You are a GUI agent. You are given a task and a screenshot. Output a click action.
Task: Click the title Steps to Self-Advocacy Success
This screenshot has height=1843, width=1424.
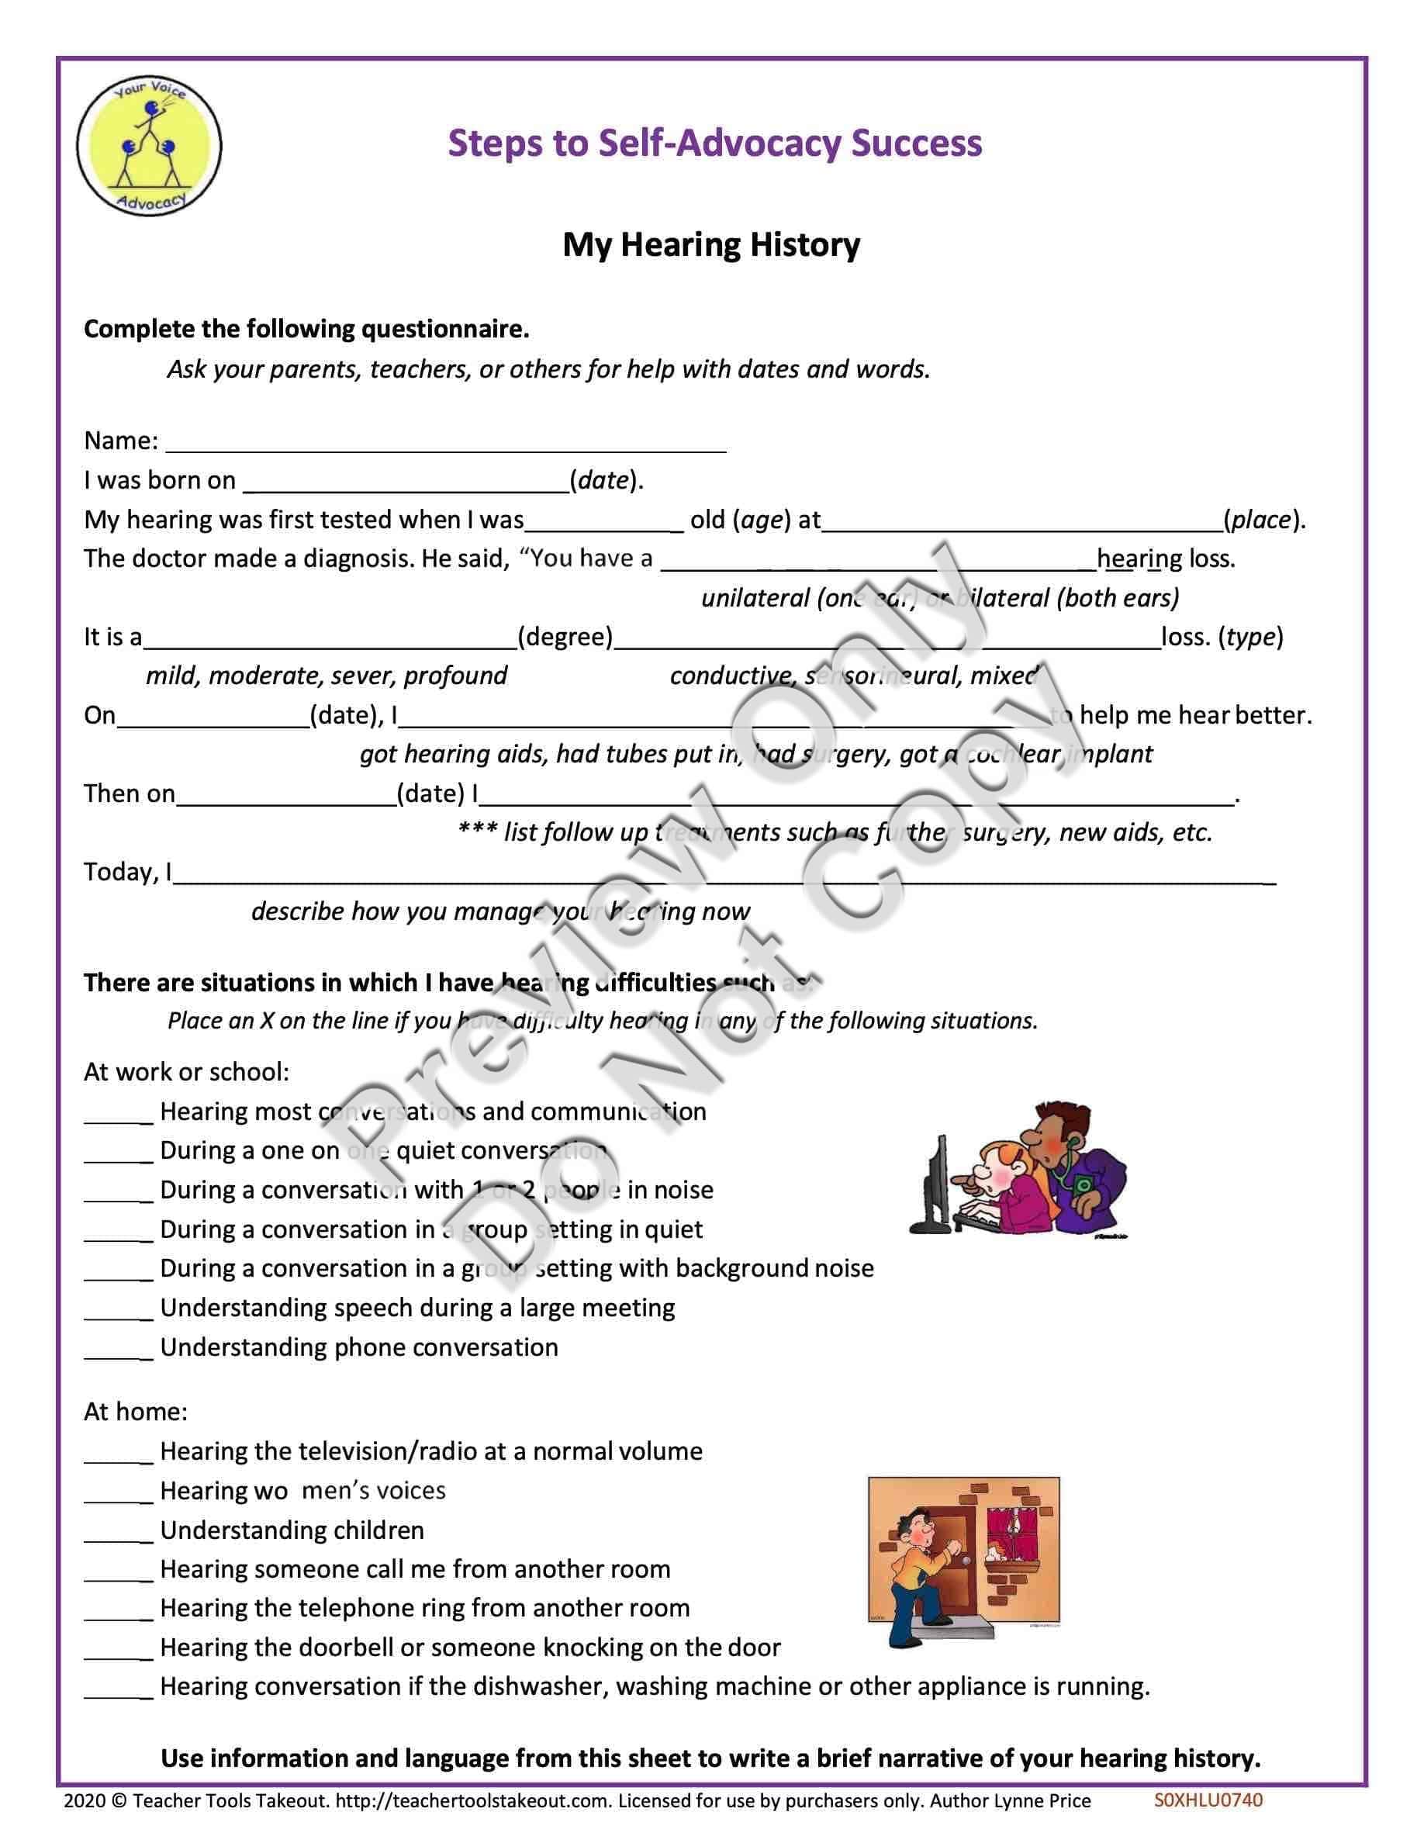pyautogui.click(x=714, y=143)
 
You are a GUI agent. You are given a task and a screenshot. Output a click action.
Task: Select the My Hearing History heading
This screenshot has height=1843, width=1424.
pyautogui.click(x=711, y=244)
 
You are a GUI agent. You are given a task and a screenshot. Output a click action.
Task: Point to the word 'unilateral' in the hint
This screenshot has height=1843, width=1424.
pyautogui.click(x=755, y=598)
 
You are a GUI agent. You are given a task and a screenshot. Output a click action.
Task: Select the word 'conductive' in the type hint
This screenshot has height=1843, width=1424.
pyautogui.click(x=731, y=676)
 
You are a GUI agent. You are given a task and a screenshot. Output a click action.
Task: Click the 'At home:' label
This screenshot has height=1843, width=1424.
pyautogui.click(x=136, y=1412)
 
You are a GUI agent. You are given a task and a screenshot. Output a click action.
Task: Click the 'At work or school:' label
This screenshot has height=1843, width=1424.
pyautogui.click(x=186, y=1072)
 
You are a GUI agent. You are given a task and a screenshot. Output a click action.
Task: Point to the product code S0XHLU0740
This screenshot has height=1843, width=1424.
pyautogui.click(x=1208, y=1801)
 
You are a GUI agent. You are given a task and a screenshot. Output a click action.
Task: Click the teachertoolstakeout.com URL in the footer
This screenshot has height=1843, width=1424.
pyautogui.click(x=473, y=1802)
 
